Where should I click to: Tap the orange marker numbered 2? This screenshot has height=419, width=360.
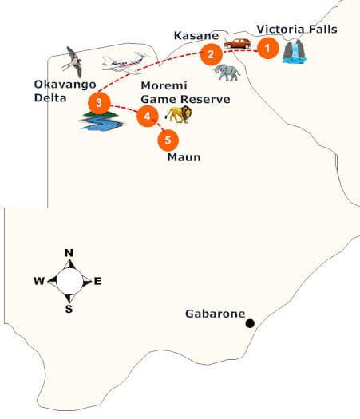(x=210, y=54)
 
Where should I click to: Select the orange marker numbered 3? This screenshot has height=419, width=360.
(x=98, y=103)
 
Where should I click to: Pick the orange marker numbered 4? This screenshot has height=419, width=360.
(x=146, y=117)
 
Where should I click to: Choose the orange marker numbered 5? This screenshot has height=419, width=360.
(x=166, y=140)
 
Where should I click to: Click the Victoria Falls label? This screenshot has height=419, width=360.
(x=296, y=30)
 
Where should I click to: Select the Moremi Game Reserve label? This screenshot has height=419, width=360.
(x=184, y=93)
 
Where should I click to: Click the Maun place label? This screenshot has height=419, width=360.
(x=183, y=157)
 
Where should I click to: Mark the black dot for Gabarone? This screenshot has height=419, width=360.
(x=250, y=323)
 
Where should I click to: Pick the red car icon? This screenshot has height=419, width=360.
(x=236, y=44)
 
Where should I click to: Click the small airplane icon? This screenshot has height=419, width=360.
(x=123, y=61)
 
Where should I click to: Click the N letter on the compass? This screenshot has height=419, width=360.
(x=69, y=253)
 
